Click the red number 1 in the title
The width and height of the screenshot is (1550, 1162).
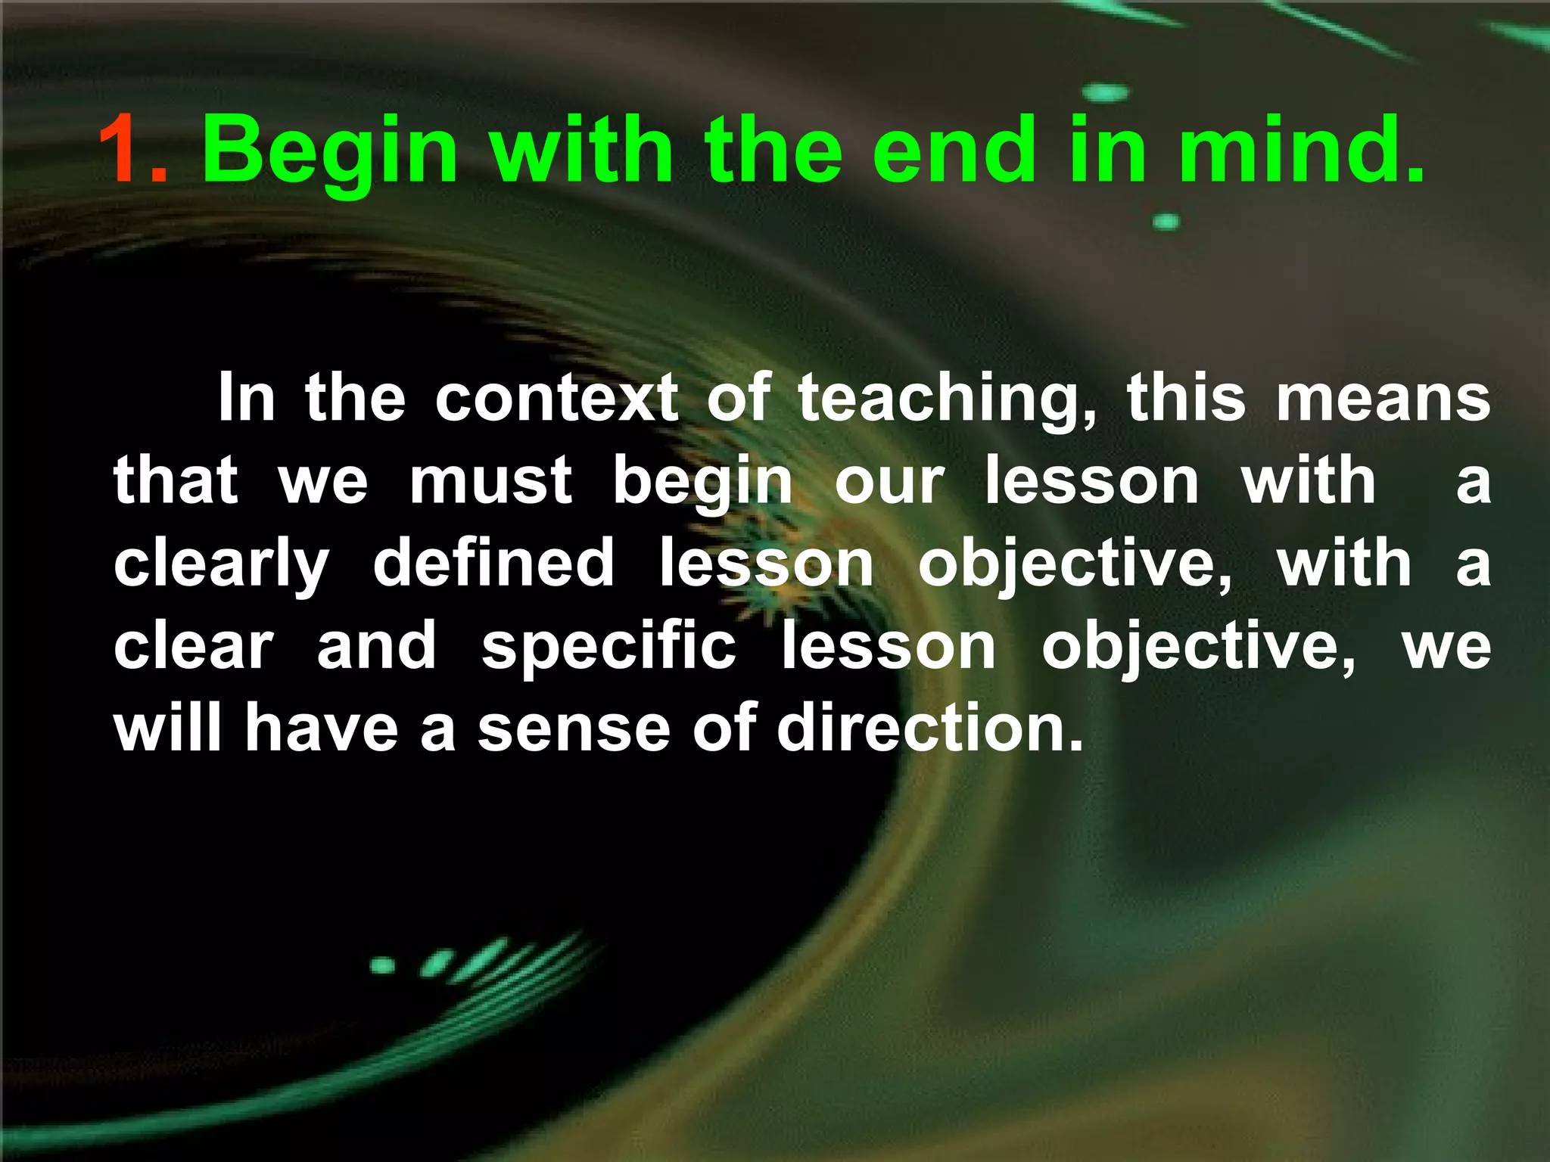[x=121, y=149]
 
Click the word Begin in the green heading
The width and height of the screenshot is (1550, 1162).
[x=330, y=151]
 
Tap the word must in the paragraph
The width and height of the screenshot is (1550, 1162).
[x=490, y=481]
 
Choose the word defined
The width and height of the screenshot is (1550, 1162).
[x=493, y=564]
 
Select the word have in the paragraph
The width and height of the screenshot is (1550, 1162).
[x=321, y=728]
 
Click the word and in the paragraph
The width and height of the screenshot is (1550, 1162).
[x=376, y=648]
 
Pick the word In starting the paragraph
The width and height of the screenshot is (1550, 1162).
[x=246, y=399]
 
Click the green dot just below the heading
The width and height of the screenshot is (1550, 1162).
[x=1166, y=222]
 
